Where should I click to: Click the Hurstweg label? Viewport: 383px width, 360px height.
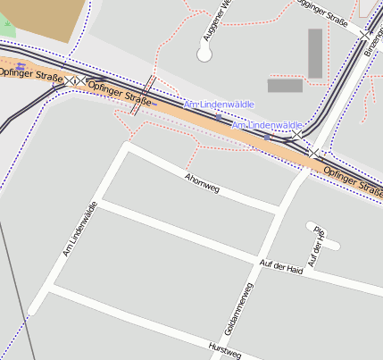[224, 349]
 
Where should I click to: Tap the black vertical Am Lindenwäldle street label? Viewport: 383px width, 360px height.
[79, 230]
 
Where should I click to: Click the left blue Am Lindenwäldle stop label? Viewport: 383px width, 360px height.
[219, 105]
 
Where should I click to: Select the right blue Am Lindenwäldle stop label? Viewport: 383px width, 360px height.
[267, 126]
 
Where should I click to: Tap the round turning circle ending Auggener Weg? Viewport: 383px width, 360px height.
[204, 54]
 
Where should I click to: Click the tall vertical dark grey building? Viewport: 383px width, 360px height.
[315, 53]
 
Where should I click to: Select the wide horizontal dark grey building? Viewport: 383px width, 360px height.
[285, 86]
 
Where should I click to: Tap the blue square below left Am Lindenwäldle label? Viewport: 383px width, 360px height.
[219, 117]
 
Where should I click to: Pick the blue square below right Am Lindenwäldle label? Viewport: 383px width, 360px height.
[266, 138]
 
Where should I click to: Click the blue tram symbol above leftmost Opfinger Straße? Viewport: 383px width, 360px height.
[21, 65]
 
